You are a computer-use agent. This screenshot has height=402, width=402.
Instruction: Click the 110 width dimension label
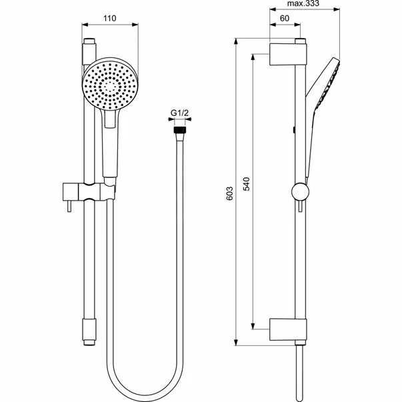(x=111, y=18)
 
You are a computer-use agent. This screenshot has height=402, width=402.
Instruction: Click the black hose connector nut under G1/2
(x=178, y=132)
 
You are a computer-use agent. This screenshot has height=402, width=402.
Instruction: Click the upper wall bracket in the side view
(x=288, y=54)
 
